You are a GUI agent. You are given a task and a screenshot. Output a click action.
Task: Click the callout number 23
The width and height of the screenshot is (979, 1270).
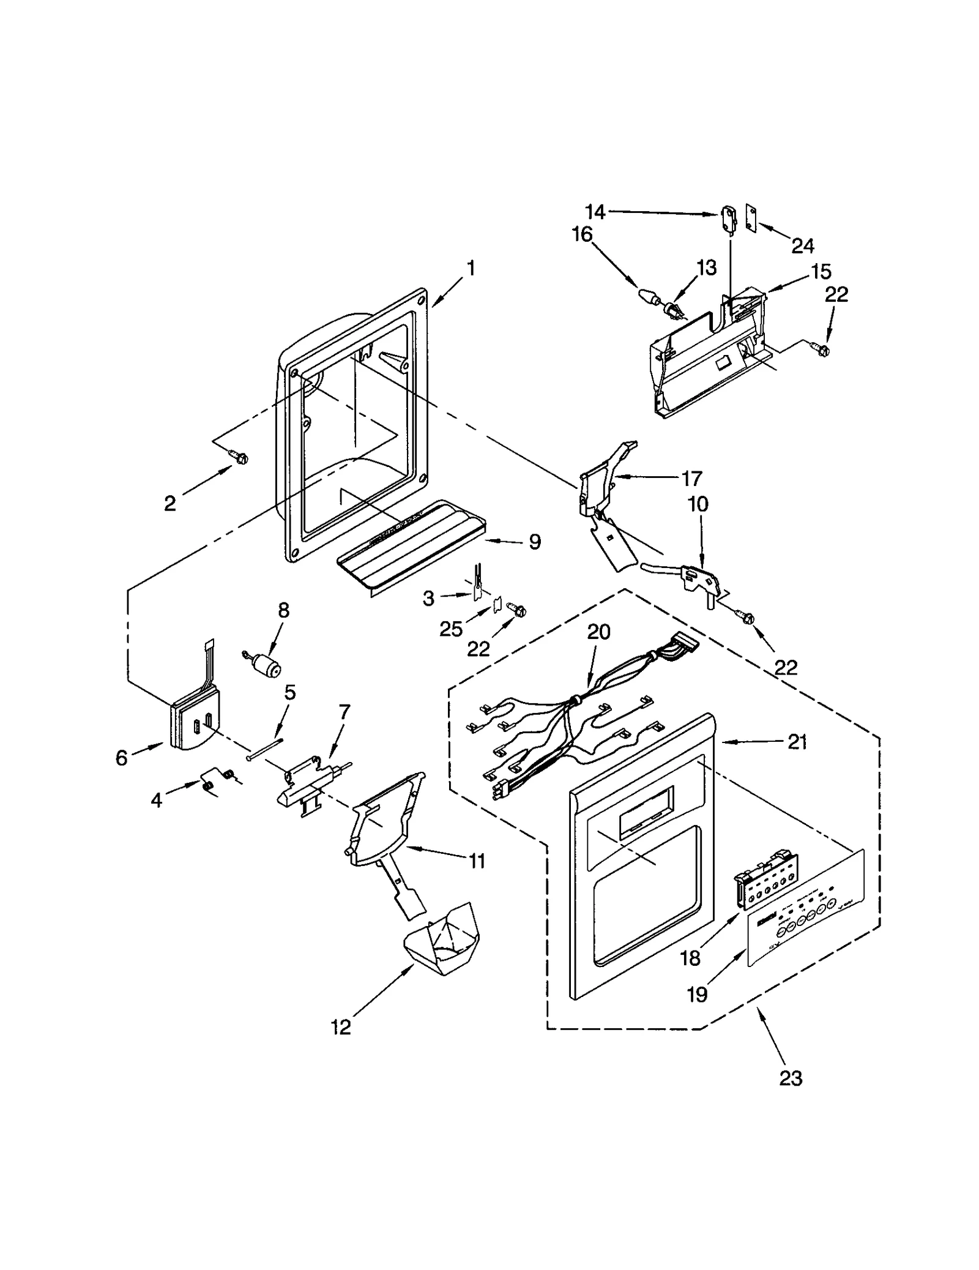[790, 1078]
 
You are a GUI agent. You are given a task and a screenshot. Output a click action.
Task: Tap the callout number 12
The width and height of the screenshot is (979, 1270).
[341, 1027]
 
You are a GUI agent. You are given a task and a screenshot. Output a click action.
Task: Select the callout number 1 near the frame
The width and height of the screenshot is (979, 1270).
[471, 267]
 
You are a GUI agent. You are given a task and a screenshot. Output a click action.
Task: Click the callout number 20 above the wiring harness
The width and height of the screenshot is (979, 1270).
[598, 632]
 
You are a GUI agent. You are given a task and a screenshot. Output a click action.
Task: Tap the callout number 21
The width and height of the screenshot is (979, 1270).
[797, 742]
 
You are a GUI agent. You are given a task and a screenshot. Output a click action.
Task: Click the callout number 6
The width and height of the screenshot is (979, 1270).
[121, 758]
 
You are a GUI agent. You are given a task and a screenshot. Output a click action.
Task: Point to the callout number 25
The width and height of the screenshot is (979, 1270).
[451, 629]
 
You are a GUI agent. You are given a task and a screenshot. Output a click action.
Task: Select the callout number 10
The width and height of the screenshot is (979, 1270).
[698, 504]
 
